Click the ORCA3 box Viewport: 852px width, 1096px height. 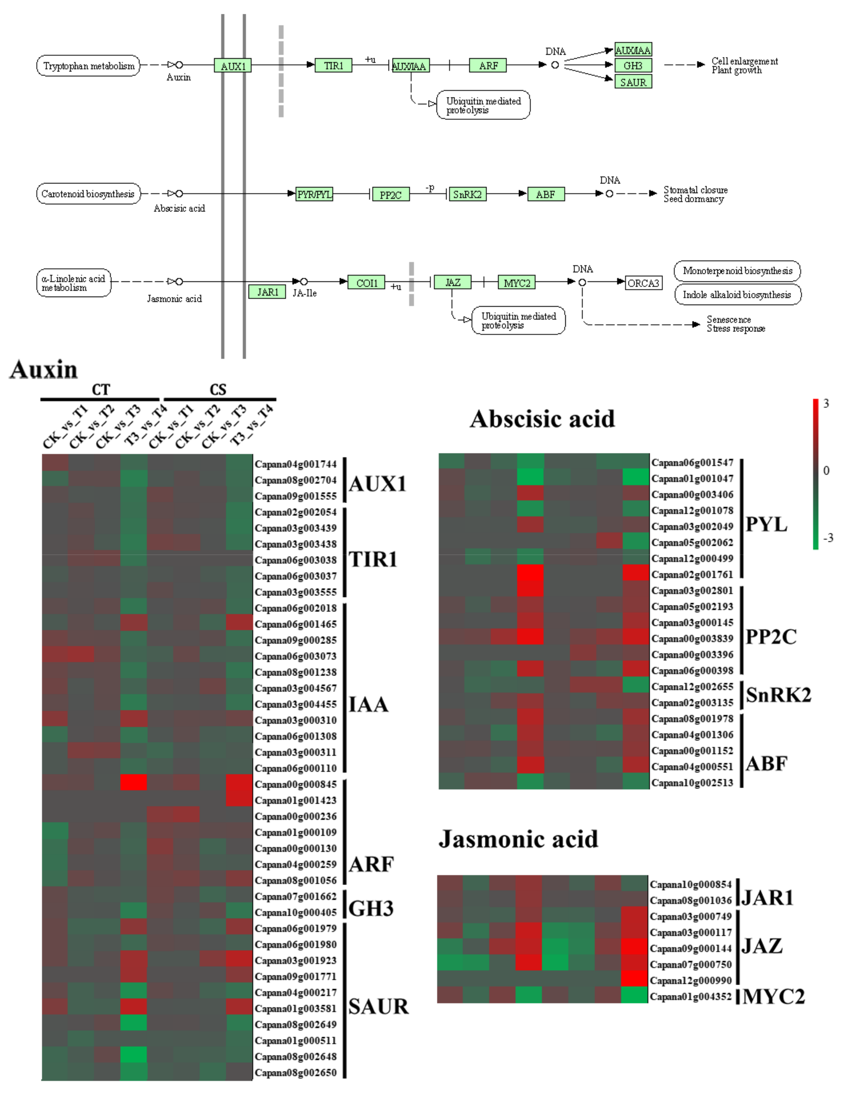[x=643, y=283]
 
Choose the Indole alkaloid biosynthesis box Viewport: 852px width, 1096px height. [x=737, y=295]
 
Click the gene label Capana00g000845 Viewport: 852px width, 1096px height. [x=296, y=784]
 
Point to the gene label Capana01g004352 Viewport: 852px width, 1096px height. [x=691, y=997]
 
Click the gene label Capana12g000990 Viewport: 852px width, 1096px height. [x=691, y=980]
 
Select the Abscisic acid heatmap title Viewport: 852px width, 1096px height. [x=543, y=419]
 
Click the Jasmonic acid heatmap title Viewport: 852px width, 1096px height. [x=518, y=839]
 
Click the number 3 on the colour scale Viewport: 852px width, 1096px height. [x=826, y=404]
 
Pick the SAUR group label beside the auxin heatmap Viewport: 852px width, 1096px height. [x=378, y=1007]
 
